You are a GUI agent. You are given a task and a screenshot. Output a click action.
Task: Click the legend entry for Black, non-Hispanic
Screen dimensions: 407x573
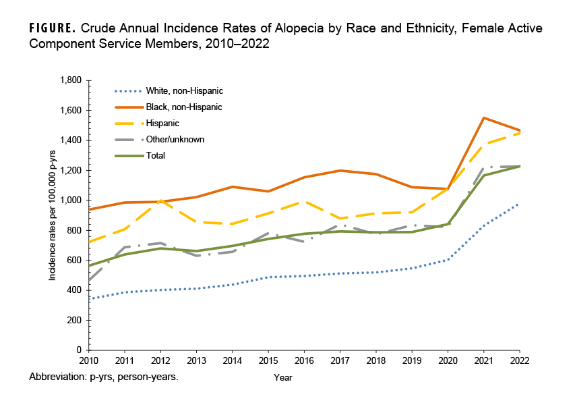tap(183, 107)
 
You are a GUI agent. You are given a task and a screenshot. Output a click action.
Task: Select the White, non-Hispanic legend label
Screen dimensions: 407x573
tap(183, 90)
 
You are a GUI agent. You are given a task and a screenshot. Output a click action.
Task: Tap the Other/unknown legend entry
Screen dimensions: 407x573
tap(175, 140)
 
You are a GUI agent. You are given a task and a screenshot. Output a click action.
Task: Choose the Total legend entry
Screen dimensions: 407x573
tap(156, 156)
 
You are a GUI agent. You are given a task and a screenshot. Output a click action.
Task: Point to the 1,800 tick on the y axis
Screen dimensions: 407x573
tap(71, 81)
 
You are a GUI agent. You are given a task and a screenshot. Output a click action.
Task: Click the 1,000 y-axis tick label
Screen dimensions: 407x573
tap(71, 200)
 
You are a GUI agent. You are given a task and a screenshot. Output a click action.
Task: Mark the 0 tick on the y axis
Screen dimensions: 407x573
tap(79, 350)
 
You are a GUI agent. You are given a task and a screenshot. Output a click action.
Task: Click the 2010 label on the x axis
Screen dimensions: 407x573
tap(88, 361)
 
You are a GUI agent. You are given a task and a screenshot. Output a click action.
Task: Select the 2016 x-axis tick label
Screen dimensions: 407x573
tap(304, 361)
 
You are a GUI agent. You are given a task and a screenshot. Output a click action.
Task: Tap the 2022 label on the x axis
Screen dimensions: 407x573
tap(519, 361)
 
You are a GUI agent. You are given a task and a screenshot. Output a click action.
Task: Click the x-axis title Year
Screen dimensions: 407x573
tap(283, 378)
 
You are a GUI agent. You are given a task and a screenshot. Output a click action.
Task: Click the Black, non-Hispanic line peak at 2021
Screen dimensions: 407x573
tap(483, 118)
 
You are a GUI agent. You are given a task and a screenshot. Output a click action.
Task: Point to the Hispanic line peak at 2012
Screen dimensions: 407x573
tap(160, 200)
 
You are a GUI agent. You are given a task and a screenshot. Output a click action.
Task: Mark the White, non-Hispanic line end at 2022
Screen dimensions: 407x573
tap(519, 203)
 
